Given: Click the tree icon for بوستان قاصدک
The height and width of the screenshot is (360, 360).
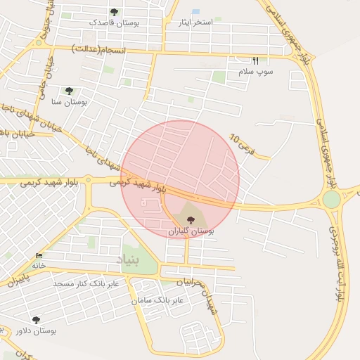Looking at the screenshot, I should coord(114,12).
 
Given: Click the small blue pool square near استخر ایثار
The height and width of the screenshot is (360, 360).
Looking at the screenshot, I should coord(195,12).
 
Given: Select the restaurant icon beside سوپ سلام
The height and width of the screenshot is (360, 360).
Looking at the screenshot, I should coord(255,60).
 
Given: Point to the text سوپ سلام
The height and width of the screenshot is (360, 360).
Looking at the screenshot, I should coord(259,72).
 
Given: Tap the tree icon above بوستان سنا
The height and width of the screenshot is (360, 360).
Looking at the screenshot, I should coord(69,91).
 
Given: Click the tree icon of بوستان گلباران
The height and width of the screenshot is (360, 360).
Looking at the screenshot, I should coord(191,219).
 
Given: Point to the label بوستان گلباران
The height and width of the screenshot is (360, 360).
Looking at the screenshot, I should coord(190,231).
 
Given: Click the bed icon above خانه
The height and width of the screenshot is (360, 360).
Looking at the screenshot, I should coord(38,255).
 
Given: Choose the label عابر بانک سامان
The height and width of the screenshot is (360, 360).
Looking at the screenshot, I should coord(157,300).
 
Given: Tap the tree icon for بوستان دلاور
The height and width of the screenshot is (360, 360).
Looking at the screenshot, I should coord(36,319).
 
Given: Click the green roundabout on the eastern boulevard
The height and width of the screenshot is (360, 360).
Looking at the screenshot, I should coord(331,199).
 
